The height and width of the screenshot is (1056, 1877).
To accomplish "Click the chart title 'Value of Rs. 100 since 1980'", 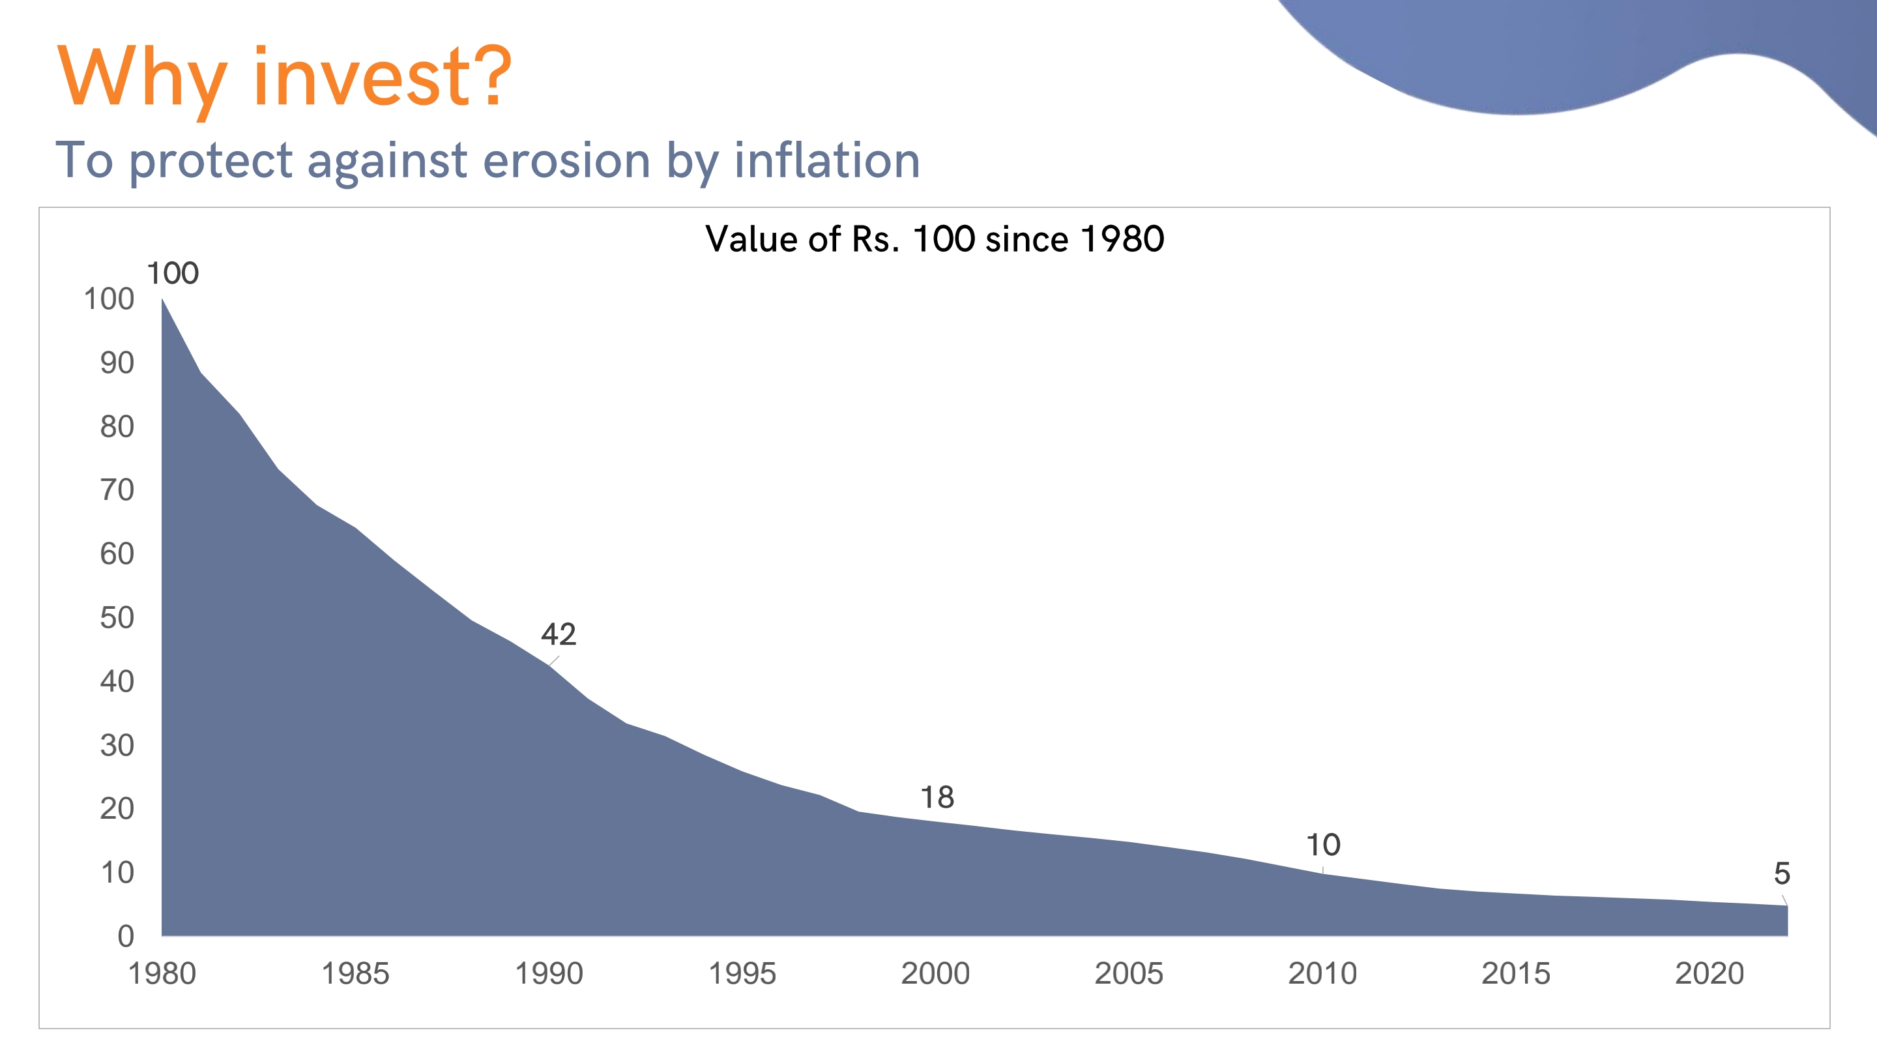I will click(935, 239).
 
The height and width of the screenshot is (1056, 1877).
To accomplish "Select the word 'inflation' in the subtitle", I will click(827, 160).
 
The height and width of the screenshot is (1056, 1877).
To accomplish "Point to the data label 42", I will click(558, 634).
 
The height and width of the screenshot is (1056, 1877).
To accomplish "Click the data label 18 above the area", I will click(937, 797).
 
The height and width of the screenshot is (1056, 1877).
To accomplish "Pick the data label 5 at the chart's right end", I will click(1782, 873).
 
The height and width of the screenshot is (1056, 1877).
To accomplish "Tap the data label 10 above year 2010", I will click(1322, 845).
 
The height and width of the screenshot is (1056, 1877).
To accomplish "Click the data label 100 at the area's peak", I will click(173, 273).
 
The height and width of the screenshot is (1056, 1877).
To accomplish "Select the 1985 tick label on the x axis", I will click(356, 974).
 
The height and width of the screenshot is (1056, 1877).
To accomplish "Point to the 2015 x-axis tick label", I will click(1515, 974).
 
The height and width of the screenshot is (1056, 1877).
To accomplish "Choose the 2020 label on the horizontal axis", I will click(1710, 974).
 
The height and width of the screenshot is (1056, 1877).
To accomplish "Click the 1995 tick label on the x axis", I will click(742, 974).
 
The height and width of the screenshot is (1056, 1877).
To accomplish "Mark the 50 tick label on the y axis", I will click(117, 618).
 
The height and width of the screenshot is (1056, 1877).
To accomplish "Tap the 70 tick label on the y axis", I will click(117, 490).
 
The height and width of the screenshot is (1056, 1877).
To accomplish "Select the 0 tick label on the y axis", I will click(126, 937).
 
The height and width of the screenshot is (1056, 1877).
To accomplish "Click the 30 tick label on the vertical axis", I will click(117, 746).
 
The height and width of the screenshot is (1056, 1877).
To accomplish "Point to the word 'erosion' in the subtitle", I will click(566, 160).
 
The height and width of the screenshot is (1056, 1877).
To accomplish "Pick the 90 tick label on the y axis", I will click(117, 363).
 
